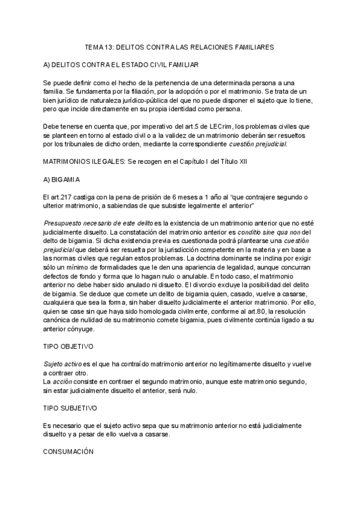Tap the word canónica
tap(59, 321)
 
